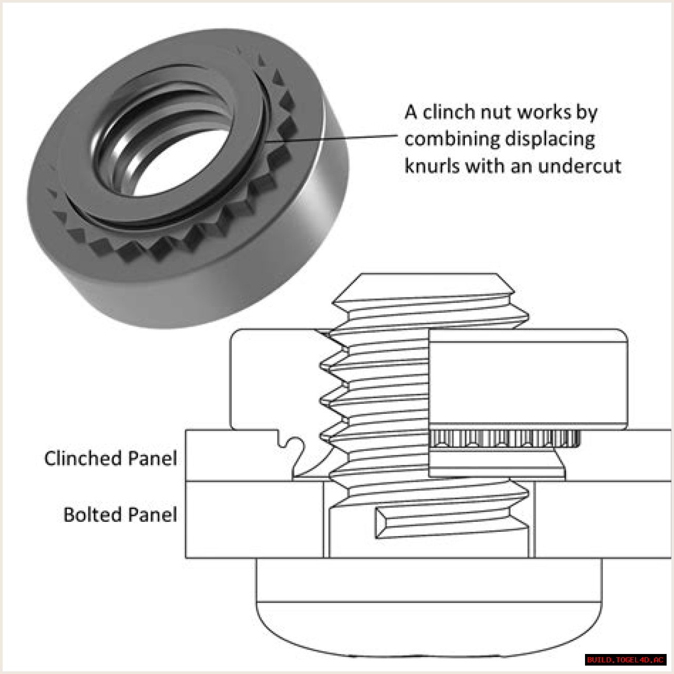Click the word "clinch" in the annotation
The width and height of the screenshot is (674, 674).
449,112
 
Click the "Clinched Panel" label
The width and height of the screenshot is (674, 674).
111,458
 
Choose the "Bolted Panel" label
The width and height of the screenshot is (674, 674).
121,515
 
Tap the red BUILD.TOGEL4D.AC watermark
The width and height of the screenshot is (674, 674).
625,660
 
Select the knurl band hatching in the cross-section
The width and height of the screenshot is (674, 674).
504,439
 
